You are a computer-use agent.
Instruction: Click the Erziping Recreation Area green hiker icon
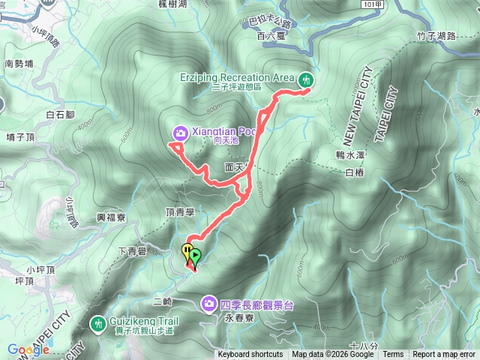306,79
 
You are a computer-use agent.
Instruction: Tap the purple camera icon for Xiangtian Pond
181,133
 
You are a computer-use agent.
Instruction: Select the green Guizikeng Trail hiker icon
97,323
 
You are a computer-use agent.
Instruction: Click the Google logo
28,349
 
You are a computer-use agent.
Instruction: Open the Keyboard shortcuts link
250,355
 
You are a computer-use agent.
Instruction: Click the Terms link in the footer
393,355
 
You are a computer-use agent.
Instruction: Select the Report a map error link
444,355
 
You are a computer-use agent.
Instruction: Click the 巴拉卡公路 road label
269,23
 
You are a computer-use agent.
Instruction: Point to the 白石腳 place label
59,115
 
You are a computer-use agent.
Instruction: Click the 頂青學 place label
179,213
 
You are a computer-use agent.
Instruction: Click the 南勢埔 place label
19,64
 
